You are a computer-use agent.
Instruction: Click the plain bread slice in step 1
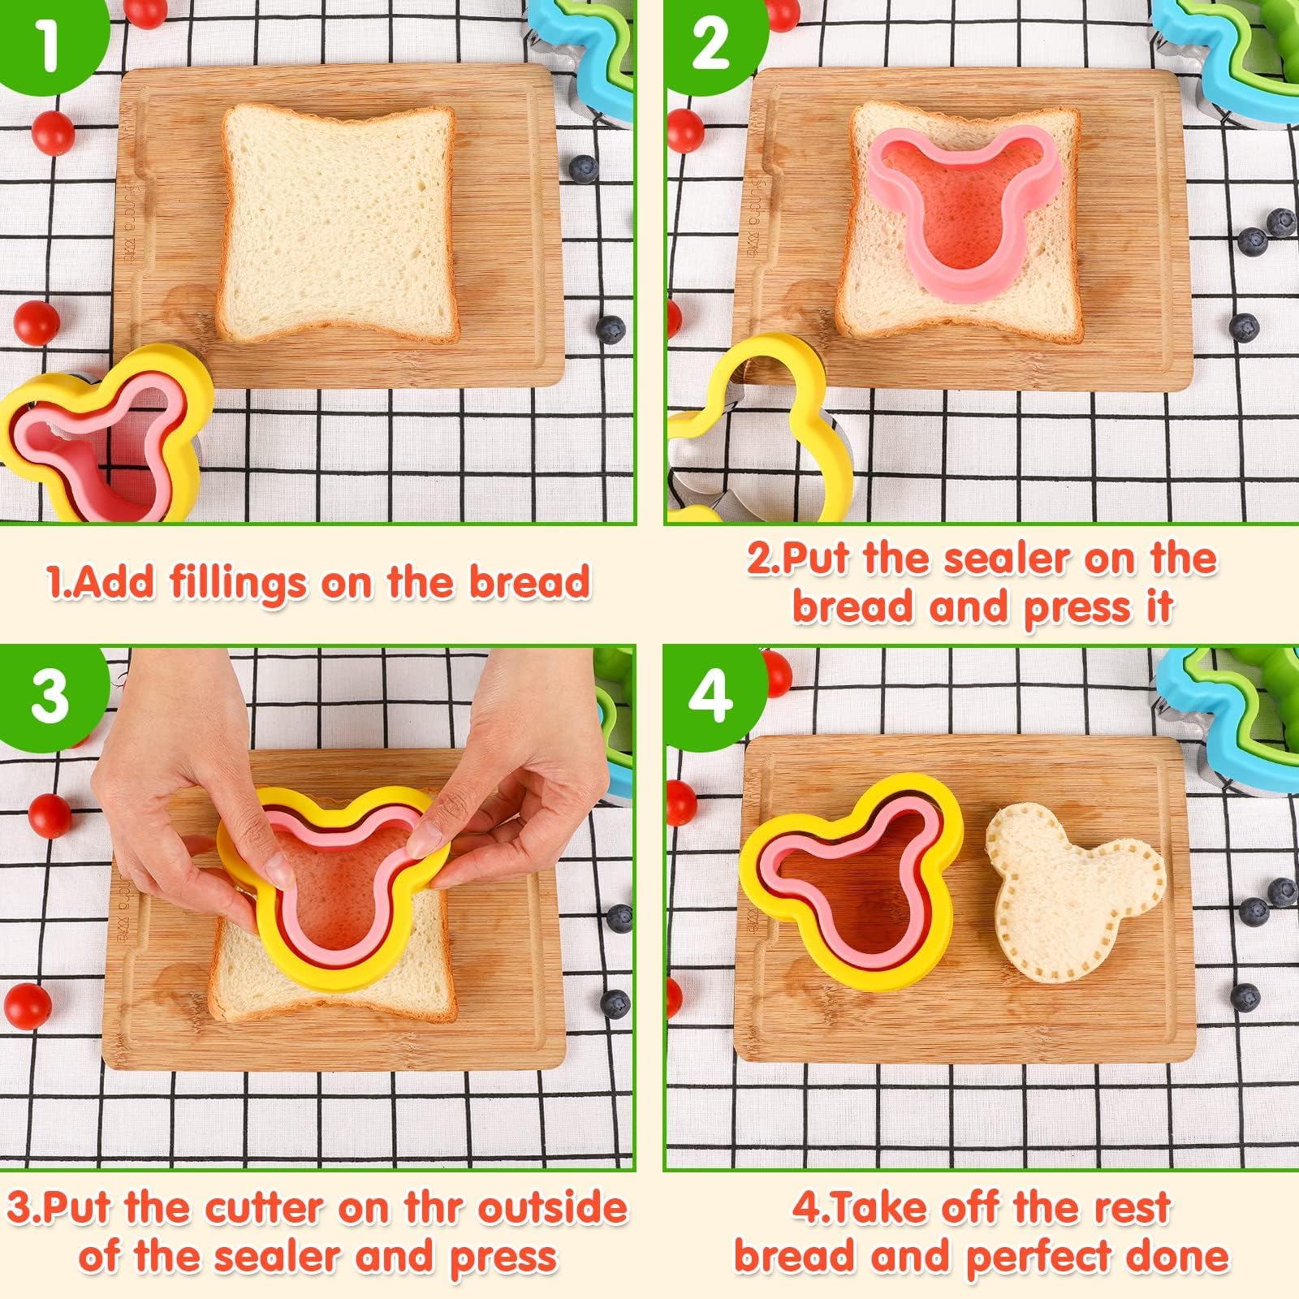coord(339,223)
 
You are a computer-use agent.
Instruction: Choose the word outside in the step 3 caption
coord(552,1208)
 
